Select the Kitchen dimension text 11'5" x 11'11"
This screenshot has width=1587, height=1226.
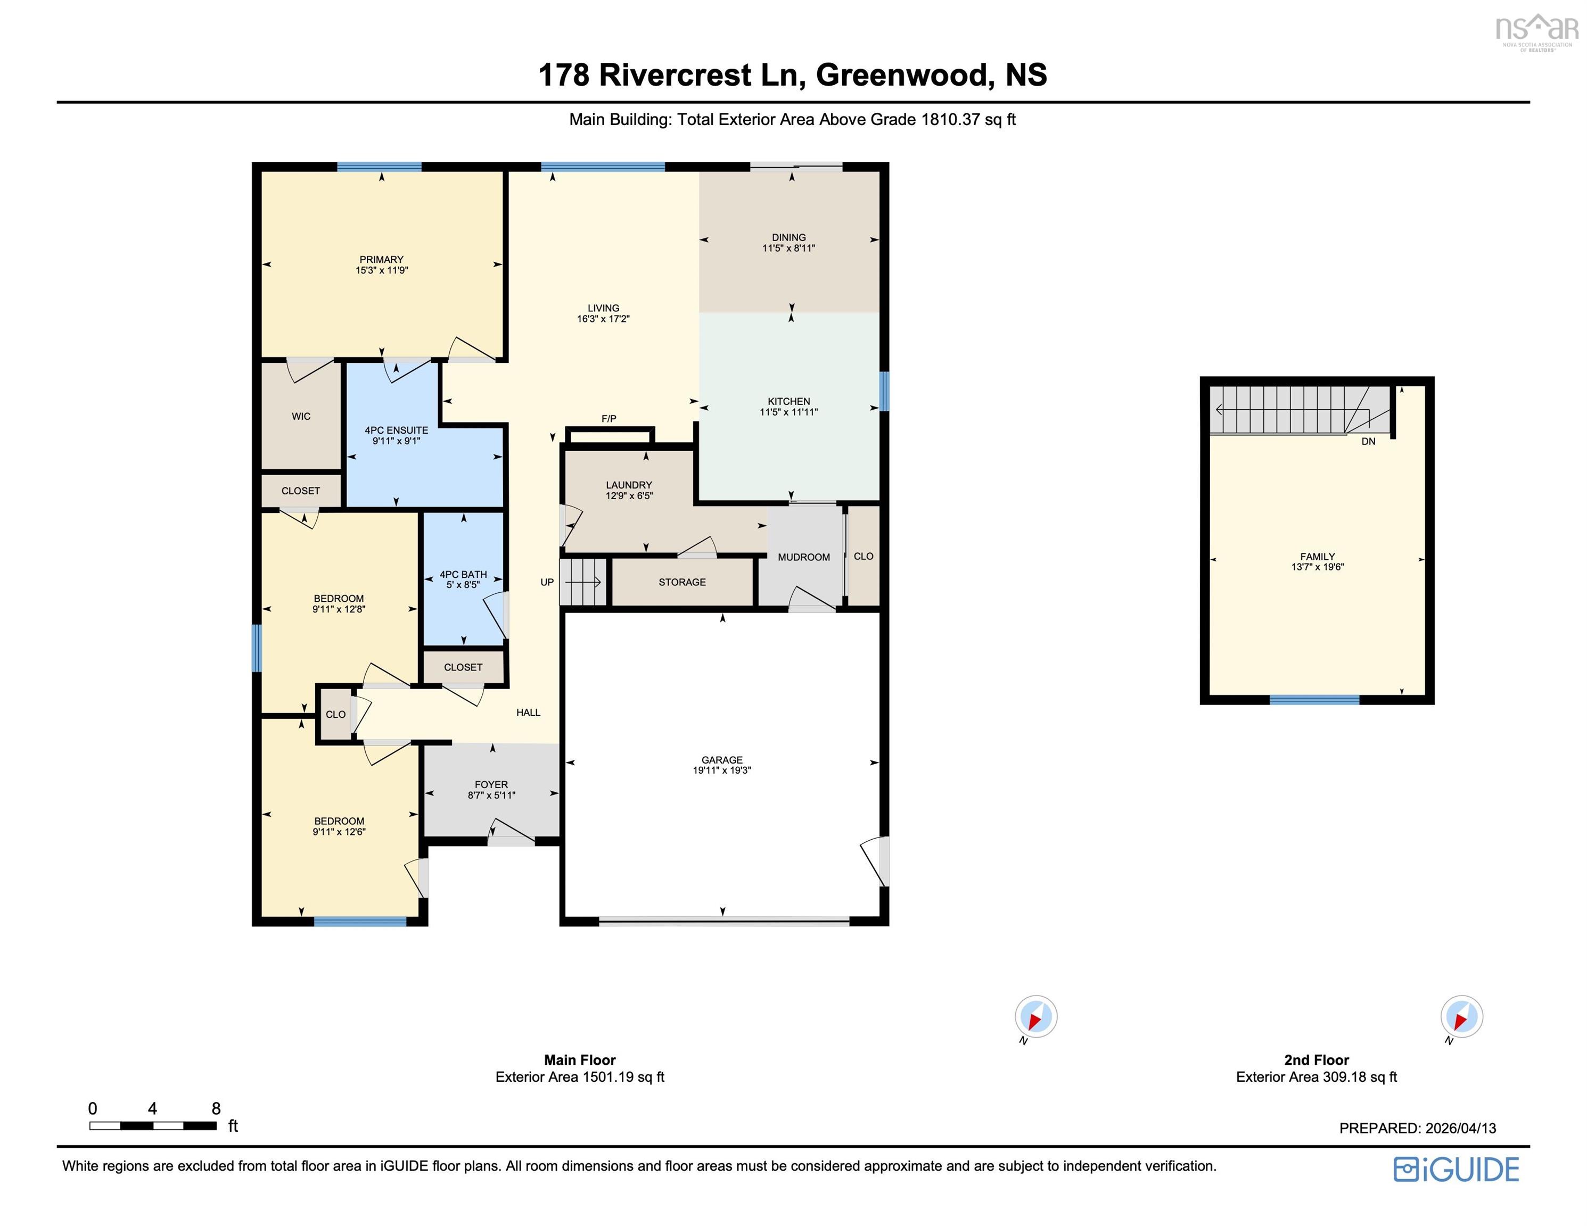click(788, 412)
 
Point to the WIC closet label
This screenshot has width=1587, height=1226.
click(301, 416)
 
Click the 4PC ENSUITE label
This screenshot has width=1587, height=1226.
click(396, 430)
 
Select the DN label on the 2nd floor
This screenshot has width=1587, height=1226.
click(1368, 441)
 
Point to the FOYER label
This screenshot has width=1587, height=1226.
click(491, 784)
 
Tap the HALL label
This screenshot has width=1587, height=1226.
click(528, 713)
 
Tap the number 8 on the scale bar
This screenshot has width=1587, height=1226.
click(216, 1108)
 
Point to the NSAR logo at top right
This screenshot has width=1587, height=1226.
click(1536, 30)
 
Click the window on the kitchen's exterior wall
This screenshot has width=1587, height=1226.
click(884, 392)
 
